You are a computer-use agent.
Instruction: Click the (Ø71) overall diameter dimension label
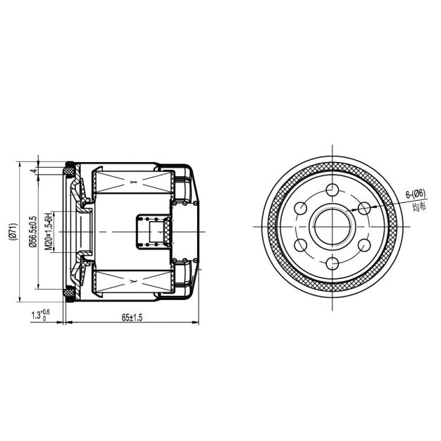pos(13,232)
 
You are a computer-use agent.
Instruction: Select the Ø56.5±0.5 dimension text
pos(33,232)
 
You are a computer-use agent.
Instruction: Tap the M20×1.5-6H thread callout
pos(49,232)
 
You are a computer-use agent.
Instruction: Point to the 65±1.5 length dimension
pos(132,318)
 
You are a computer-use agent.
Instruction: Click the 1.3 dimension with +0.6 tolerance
pos(40,315)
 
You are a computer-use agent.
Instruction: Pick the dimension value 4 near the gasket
pos(34,170)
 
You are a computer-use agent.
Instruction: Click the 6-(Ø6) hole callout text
pos(416,194)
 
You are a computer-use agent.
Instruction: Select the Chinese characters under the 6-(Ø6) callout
pos(419,206)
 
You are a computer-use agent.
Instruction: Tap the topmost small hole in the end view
pos(333,190)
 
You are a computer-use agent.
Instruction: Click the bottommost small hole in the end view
pos(333,263)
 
